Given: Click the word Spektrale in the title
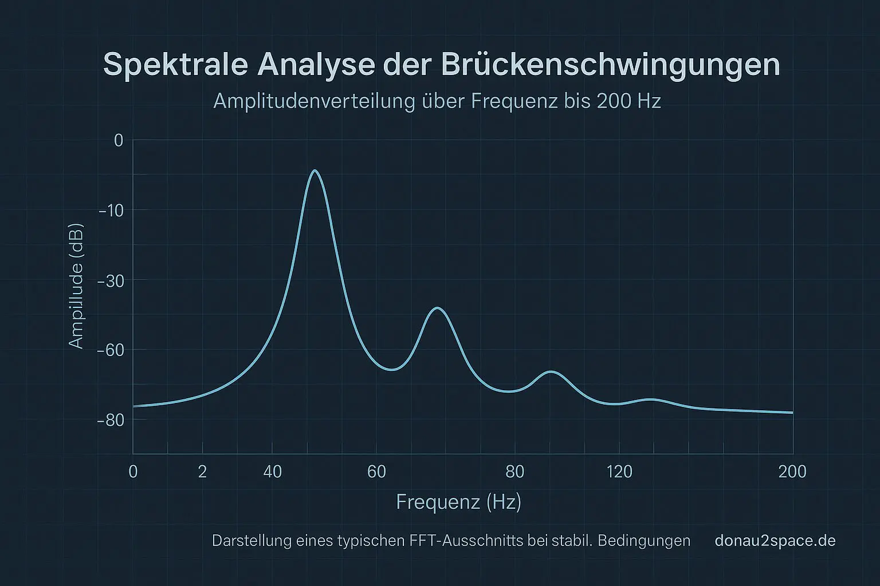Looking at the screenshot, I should point(175,65).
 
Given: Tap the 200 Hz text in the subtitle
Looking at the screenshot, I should point(628,101).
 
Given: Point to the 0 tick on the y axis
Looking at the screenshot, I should point(119,140).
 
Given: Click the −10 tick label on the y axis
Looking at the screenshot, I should point(111,211).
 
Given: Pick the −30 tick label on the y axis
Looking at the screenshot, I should point(111,280).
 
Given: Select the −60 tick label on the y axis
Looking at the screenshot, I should point(111,350).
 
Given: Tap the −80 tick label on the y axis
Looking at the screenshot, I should point(111,420).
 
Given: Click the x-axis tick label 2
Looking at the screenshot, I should point(202,472).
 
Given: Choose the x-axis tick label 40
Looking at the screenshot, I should point(273,472).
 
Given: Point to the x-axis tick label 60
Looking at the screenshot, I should point(376,472).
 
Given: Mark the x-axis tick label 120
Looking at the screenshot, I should point(619,472).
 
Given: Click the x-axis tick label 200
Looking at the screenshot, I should point(792,472).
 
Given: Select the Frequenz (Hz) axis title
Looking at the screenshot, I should point(458,502).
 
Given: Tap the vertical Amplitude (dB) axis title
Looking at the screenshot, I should point(76,286).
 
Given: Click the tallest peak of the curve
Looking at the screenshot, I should point(314,171).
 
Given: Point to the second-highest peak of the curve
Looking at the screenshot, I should point(438,308).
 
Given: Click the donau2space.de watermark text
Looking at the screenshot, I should point(775,541).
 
